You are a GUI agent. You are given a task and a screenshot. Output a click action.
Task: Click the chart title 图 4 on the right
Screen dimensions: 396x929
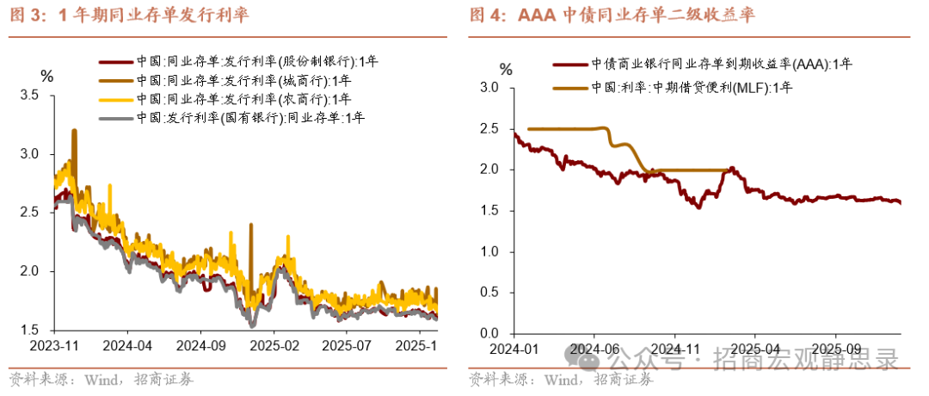pos(612,15)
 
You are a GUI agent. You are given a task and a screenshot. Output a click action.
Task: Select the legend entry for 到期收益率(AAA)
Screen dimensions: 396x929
pos(722,64)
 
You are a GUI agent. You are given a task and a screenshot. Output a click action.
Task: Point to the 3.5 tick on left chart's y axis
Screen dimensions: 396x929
pos(29,95)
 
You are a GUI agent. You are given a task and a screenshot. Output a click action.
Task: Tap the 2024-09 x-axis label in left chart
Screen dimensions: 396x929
pos(200,344)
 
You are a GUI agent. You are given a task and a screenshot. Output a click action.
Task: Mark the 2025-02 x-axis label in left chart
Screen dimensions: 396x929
pos(273,344)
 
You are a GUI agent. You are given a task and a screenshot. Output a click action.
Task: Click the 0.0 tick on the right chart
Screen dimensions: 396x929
pos(489,333)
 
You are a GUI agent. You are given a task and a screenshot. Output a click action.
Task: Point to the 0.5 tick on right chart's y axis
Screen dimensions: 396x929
pos(489,292)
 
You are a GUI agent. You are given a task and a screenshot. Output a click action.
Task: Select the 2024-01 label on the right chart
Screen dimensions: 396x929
pos(514,349)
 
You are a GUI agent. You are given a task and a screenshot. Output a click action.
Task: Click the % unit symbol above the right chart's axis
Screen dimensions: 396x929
pos(506,68)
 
